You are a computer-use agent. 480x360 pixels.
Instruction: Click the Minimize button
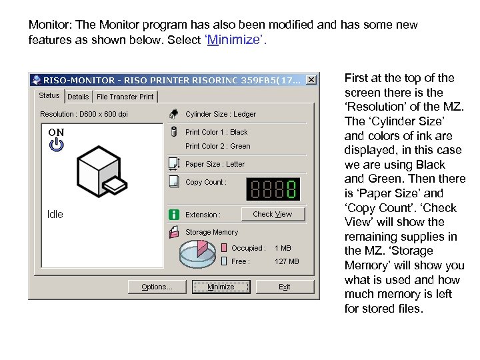(221, 287)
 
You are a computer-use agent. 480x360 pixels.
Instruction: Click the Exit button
(284, 287)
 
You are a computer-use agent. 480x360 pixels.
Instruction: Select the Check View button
(272, 214)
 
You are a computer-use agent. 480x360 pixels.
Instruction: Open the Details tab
(78, 97)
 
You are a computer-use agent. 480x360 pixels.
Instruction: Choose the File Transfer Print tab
(125, 97)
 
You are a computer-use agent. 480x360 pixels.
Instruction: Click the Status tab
(49, 95)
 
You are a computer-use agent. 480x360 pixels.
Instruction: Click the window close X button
(311, 79)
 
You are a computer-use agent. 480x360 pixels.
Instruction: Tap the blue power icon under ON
(56, 145)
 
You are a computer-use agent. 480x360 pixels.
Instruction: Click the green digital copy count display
(272, 189)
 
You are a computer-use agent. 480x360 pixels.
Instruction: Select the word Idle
(55, 215)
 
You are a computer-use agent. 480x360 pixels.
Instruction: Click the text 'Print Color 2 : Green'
(217, 146)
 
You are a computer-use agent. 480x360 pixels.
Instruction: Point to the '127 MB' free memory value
(287, 261)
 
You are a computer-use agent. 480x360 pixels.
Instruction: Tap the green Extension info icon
(174, 215)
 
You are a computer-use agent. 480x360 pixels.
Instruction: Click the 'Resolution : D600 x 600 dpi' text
(83, 114)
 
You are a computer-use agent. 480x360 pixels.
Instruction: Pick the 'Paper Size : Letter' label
(215, 164)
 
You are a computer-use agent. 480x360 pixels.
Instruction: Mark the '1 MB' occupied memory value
(283, 248)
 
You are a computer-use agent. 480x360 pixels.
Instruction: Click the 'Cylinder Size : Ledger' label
(220, 114)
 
